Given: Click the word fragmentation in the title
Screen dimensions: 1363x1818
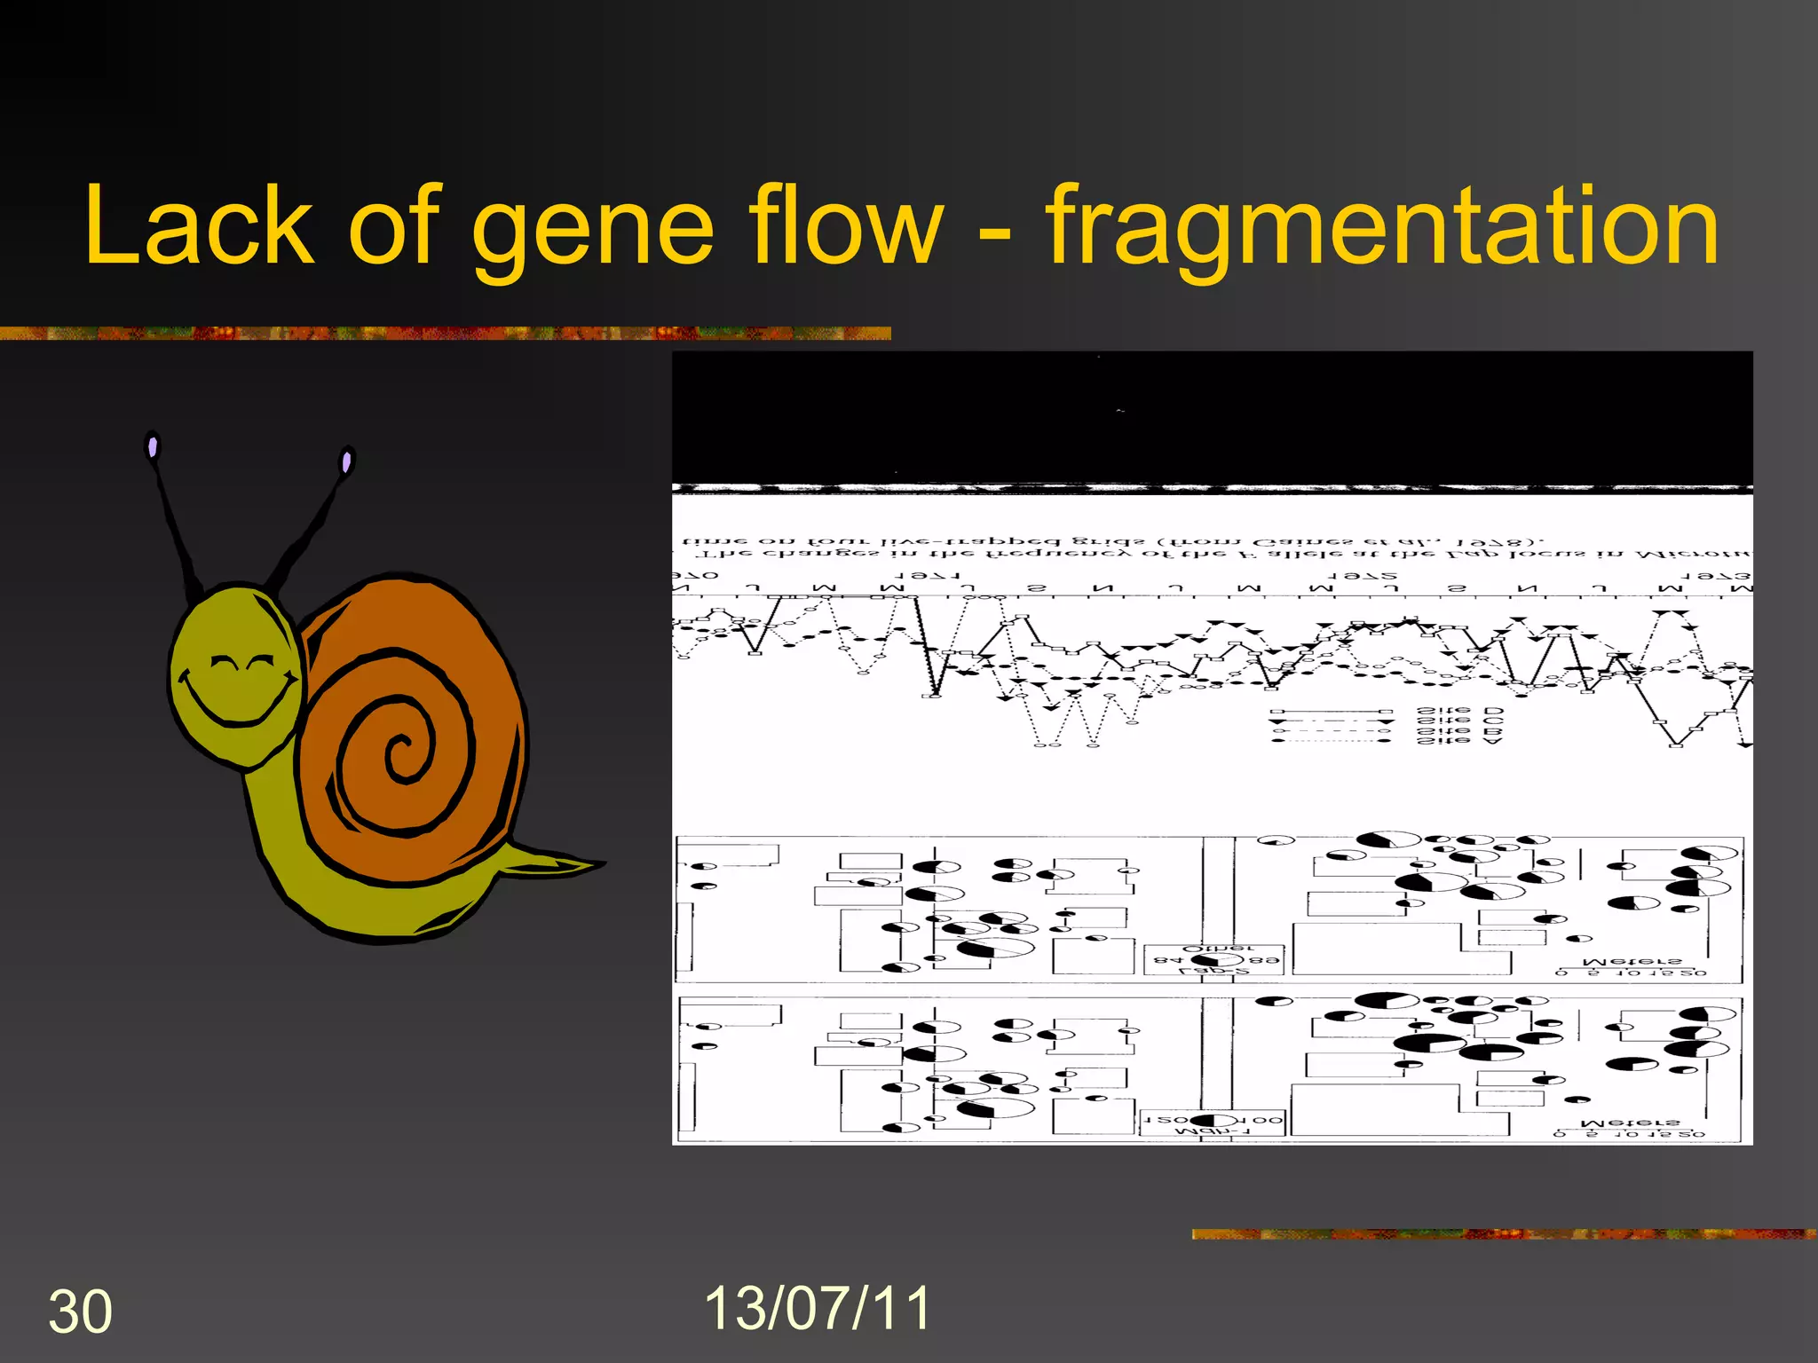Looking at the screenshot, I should point(1381,229).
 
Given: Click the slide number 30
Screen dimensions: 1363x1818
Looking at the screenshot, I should point(80,1312).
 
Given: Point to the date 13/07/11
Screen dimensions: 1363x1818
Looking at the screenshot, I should point(817,1308).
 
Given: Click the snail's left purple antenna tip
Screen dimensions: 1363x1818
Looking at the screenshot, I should point(153,446).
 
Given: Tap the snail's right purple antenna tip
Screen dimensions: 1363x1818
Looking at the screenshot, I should point(346,461).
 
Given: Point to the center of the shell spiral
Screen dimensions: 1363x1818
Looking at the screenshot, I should point(404,754).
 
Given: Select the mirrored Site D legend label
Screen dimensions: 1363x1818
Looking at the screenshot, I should point(1459,712).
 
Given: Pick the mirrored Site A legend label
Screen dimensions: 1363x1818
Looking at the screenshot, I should point(1459,740).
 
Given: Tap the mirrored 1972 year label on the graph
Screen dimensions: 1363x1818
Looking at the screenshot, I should point(1363,576).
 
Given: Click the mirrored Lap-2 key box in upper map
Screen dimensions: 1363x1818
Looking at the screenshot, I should point(1214,960).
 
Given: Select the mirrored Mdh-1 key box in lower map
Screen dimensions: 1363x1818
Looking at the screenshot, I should point(1213,1122).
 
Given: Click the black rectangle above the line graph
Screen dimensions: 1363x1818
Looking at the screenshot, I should point(1212,417).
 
